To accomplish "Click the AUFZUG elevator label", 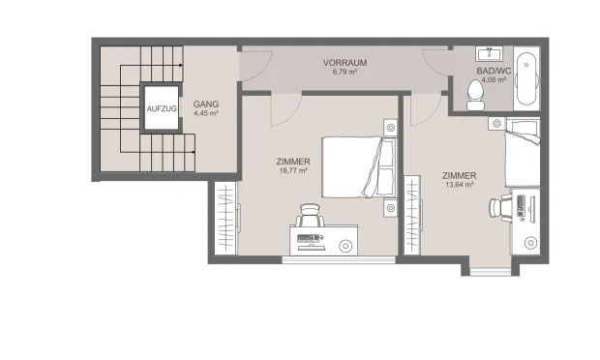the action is tap(162, 109).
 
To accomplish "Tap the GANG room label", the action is tap(206, 105).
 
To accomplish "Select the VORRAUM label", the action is tap(345, 63).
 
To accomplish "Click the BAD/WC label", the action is tap(494, 72).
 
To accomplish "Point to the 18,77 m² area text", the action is tap(293, 170).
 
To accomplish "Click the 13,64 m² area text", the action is tap(460, 185).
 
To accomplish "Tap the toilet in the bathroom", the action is tap(475, 95).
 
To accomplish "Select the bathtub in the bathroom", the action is tap(526, 78).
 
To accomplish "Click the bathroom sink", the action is tap(489, 53).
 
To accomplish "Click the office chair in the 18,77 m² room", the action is tap(310, 216).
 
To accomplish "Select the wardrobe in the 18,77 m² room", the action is tap(226, 218).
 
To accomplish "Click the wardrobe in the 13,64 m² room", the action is tap(413, 216).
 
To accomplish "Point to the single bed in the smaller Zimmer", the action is tap(523, 153).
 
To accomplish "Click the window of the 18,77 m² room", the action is tap(339, 259).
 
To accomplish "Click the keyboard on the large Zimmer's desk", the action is tap(308, 238).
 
